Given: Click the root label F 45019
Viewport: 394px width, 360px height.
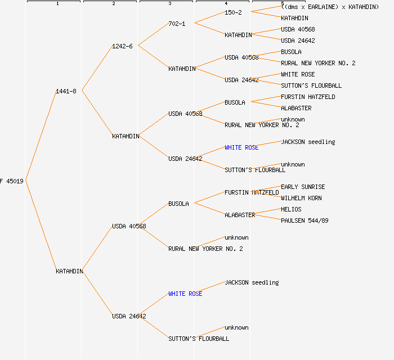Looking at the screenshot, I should click(12, 181).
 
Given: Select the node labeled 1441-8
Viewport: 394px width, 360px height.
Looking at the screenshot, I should click(66, 91).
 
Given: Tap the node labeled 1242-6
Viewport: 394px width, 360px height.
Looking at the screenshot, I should click(122, 46).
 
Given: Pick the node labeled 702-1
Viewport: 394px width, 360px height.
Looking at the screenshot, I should click(177, 24).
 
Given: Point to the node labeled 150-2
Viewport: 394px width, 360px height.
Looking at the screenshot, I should click(233, 12).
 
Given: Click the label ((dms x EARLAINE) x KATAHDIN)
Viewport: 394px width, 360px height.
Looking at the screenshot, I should click(330, 7).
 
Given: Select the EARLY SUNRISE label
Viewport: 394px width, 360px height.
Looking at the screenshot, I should click(303, 187).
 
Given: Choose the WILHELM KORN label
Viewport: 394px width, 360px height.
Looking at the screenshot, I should click(302, 198).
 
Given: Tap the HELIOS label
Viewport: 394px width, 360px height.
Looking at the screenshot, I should click(291, 209).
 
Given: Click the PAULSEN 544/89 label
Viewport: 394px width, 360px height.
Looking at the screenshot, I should click(305, 220).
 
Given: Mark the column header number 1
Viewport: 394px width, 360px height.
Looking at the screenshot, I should click(57, 4).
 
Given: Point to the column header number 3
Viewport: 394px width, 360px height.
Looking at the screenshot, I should click(169, 4).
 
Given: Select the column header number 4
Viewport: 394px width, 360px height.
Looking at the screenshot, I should click(226, 4).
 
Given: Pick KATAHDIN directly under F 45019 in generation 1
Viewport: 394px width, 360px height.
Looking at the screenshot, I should click(69, 271).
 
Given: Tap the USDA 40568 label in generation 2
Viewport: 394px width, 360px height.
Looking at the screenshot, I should click(129, 226).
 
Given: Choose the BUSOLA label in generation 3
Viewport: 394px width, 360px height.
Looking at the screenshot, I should click(178, 204).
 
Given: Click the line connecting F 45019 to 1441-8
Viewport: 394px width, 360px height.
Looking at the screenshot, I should click(41, 136).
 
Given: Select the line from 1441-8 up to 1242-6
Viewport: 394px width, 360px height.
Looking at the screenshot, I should click(97, 68).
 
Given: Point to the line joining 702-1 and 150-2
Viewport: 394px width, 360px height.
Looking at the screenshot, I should click(209, 18).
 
